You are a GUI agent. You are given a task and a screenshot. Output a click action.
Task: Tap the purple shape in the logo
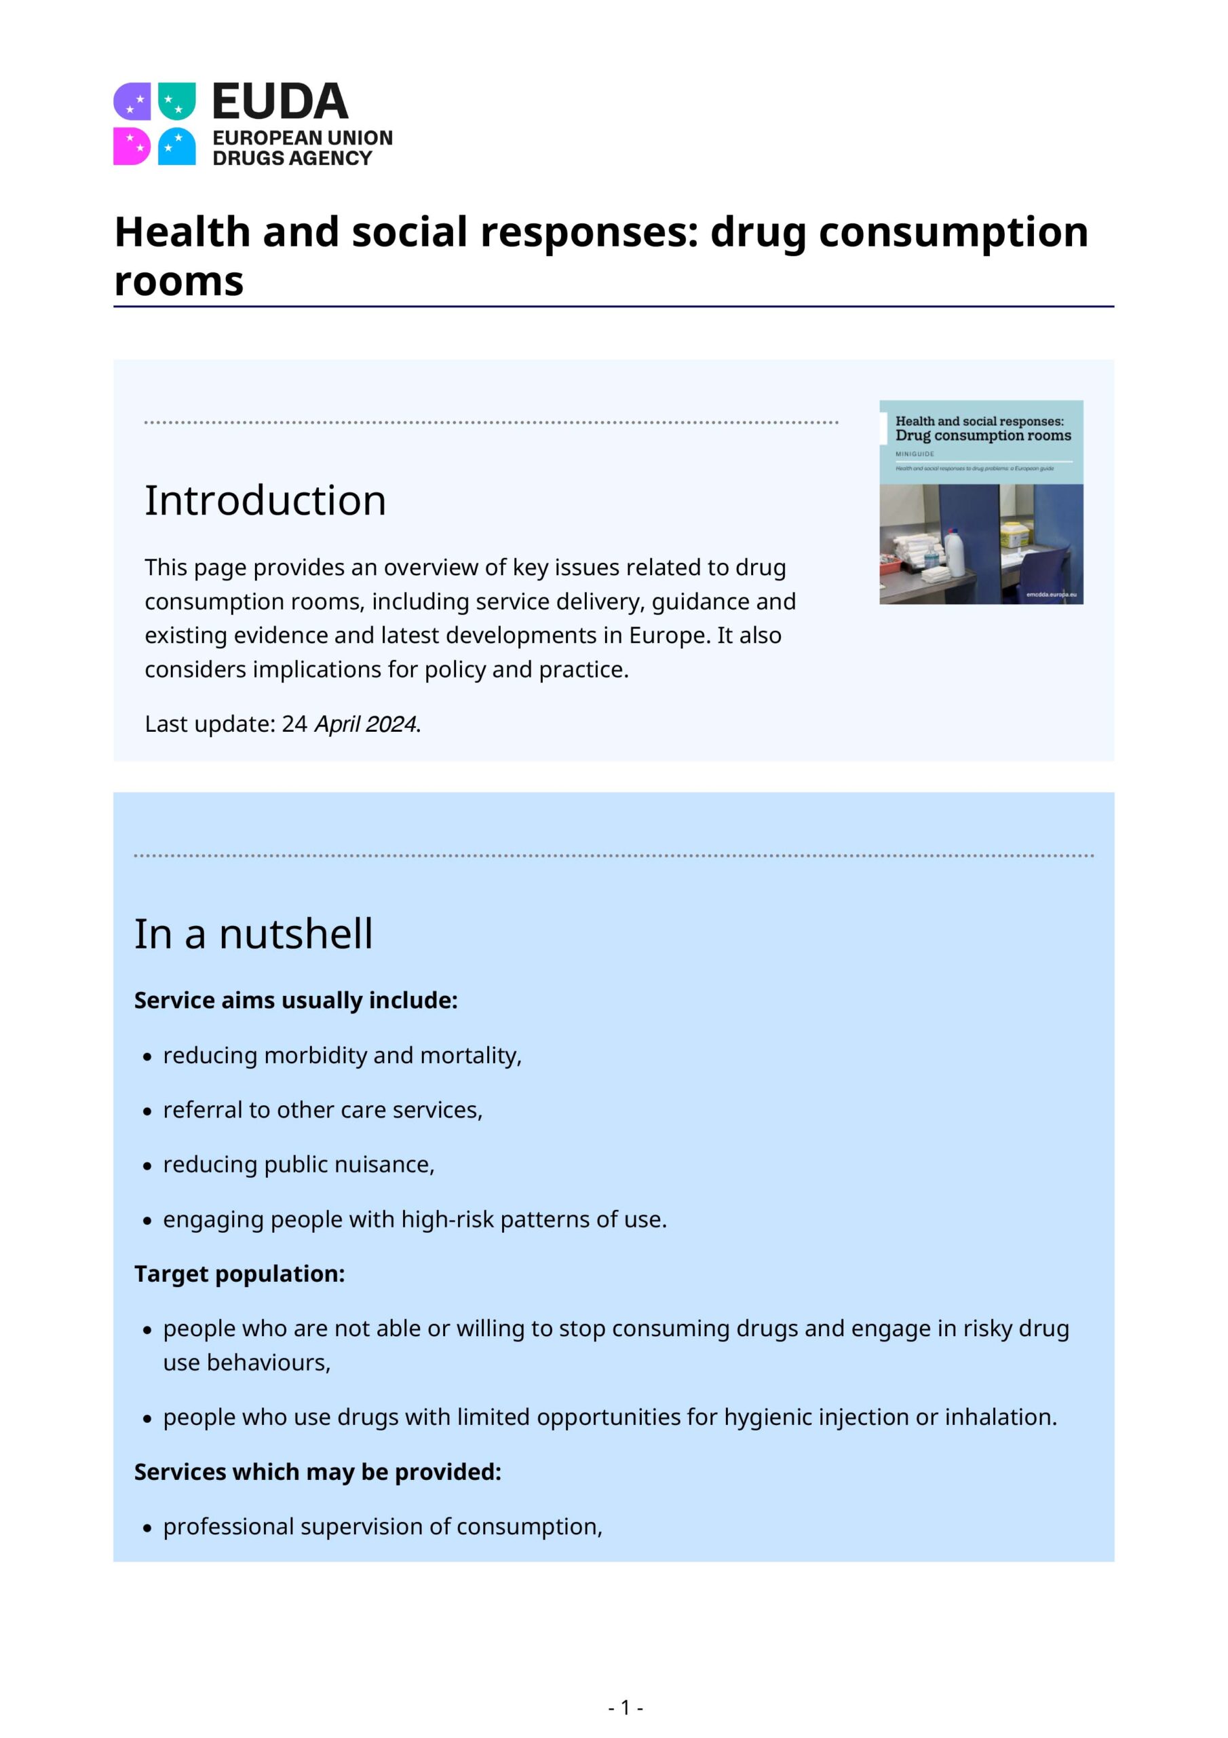click(132, 100)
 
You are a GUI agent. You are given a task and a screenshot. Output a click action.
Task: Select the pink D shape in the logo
click(132, 146)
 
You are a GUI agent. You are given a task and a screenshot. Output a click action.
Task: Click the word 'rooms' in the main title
click(178, 282)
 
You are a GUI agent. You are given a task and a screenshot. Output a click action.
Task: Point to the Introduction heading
click(265, 500)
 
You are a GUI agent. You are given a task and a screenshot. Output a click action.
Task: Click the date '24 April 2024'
click(349, 724)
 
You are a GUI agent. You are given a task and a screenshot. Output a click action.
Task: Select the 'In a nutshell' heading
click(254, 933)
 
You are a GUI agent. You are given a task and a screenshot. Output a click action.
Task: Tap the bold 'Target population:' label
click(239, 1274)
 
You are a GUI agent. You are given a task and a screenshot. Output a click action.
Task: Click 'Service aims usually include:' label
click(296, 1001)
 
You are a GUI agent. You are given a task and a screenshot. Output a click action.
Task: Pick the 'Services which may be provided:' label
click(318, 1472)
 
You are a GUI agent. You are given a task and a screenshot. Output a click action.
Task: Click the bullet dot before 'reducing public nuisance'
click(147, 1166)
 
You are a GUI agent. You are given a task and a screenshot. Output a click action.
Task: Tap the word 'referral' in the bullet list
click(202, 1110)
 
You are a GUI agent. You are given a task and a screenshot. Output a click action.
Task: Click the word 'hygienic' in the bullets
click(768, 1417)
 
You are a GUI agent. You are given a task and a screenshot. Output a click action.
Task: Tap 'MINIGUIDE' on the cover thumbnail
click(915, 454)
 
